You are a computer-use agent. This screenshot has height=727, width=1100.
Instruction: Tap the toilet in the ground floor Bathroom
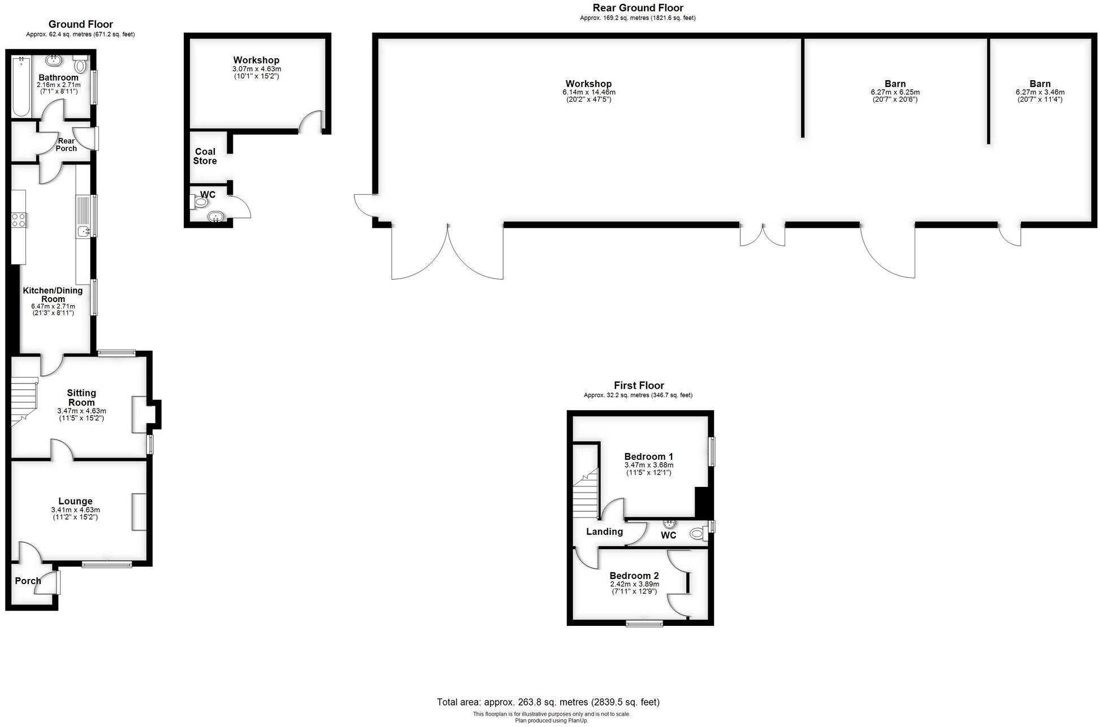80,64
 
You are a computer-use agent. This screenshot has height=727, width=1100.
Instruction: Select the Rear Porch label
66,145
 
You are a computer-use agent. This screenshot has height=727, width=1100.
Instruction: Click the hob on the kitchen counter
19,220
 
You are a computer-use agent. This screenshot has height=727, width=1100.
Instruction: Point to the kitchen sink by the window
84,230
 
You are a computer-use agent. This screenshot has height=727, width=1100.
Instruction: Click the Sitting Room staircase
24,401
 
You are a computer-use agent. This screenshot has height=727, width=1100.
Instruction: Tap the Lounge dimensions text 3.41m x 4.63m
75,510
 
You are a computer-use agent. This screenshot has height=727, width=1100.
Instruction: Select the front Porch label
28,581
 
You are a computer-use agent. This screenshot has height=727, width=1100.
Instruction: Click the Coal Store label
205,156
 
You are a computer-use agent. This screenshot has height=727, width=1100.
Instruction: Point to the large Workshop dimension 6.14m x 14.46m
588,92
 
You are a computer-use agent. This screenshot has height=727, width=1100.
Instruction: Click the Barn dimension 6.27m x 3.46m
1040,92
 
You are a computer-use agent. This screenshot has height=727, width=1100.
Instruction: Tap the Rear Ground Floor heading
638,8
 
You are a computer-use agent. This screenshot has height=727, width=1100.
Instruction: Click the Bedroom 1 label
648,456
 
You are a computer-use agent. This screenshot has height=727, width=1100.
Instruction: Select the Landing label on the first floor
604,532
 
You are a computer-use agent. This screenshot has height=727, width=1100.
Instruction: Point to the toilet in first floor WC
698,533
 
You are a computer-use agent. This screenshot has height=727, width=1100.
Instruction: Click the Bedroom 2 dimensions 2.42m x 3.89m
634,584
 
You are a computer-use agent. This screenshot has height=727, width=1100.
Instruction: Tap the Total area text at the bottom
548,702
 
